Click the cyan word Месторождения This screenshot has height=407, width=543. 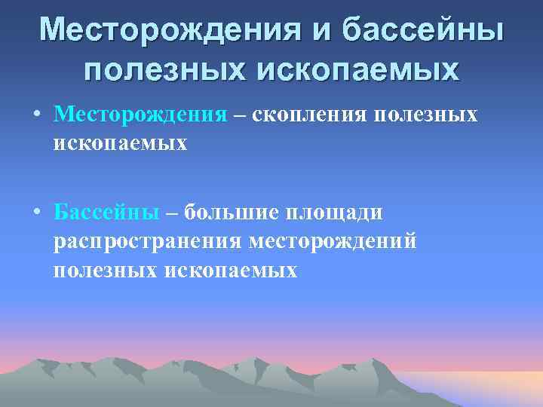click(140, 115)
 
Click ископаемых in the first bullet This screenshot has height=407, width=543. click(120, 142)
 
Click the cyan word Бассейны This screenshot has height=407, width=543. click(106, 213)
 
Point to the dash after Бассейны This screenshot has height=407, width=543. click(171, 214)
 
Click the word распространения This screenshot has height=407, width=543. click(148, 242)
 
